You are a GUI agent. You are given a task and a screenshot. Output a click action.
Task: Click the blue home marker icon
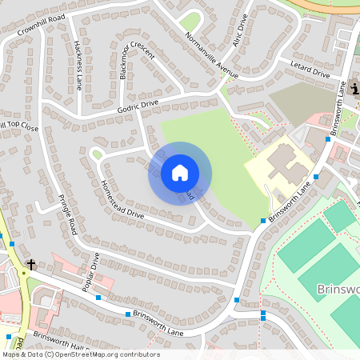(x=180, y=172)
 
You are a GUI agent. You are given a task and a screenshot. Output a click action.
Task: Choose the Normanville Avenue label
(x=212, y=56)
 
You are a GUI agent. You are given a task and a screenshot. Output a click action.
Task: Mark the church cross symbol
(x=31, y=264)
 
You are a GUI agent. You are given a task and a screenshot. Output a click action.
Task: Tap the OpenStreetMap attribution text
(x=80, y=354)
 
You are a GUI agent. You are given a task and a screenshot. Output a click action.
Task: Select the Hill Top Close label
(x=19, y=126)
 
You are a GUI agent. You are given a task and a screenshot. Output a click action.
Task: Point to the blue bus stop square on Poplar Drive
(x=98, y=298)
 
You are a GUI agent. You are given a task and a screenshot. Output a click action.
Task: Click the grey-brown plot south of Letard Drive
(x=300, y=100)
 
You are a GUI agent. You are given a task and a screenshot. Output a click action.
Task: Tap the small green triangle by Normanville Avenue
(x=190, y=22)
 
